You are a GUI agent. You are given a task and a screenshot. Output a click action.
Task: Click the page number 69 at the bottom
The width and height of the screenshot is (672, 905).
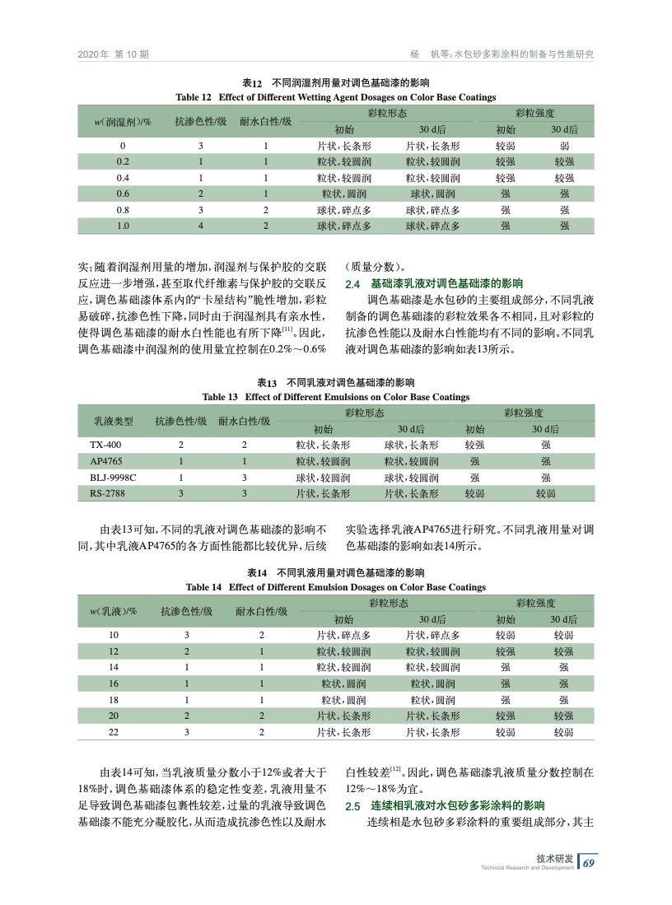tap(588, 863)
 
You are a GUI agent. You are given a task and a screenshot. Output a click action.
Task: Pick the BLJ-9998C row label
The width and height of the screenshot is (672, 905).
tap(113, 478)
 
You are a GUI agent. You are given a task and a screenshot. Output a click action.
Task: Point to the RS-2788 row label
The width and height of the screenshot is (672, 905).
tap(107, 494)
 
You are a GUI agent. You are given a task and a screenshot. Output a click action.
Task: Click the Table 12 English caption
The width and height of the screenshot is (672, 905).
tap(335, 97)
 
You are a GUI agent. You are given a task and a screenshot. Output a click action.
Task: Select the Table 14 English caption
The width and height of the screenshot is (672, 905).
tap(335, 587)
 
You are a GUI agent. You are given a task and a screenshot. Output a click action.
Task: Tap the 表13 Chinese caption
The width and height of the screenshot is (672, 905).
tap(335, 383)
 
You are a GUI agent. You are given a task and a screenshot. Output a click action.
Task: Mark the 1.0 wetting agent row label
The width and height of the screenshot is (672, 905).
tap(123, 225)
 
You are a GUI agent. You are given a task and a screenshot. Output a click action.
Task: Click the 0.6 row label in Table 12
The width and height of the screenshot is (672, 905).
tap(123, 194)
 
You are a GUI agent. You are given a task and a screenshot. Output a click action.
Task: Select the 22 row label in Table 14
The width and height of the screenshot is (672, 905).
tap(114, 730)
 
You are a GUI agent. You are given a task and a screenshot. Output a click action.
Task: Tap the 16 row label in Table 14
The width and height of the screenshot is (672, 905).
tap(114, 683)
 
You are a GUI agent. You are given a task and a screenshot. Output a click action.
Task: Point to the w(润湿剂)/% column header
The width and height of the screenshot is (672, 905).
tap(122, 121)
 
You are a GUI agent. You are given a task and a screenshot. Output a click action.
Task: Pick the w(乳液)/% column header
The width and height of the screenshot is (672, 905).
tap(114, 611)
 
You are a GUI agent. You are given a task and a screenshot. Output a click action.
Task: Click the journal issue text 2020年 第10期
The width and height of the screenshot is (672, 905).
tap(113, 54)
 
